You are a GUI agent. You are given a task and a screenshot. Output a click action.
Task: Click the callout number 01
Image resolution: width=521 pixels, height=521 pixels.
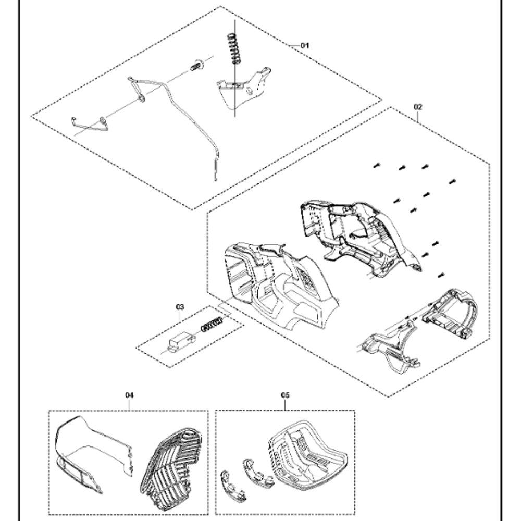305,45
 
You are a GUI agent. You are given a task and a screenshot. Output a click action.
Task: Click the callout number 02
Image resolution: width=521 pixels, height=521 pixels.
418,107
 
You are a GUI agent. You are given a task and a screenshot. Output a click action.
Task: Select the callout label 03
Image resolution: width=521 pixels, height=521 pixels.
179,307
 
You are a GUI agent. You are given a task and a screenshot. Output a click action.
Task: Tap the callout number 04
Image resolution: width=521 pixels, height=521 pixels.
129,395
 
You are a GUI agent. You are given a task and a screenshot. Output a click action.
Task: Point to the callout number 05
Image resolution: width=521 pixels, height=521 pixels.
285,395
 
